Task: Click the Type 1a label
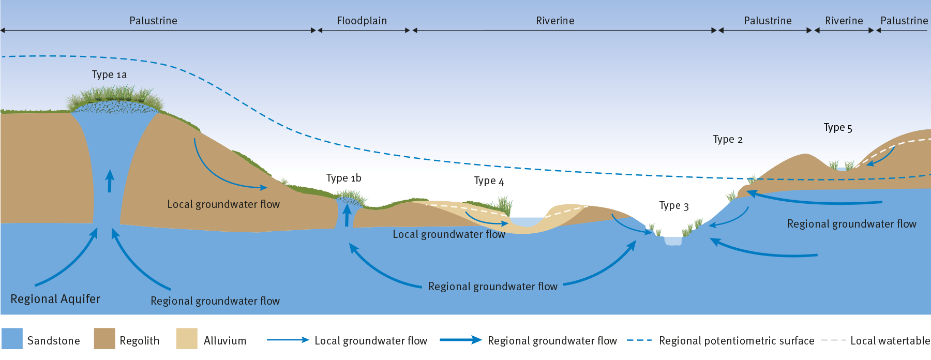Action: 109,75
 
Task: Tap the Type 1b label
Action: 343,178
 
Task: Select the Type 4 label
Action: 489,181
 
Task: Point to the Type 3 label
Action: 673,206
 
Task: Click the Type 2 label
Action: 727,140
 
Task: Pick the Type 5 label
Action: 837,128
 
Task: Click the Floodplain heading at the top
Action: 362,21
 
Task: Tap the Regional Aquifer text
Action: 55,299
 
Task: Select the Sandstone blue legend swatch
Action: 12,339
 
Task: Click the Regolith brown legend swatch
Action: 104,339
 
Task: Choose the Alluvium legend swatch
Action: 186,339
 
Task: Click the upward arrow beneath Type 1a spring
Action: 110,181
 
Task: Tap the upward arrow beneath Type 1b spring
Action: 347,216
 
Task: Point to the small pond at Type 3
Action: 673,241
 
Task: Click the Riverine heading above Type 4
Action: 555,21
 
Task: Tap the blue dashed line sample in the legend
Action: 639,340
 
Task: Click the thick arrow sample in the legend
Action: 460,340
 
